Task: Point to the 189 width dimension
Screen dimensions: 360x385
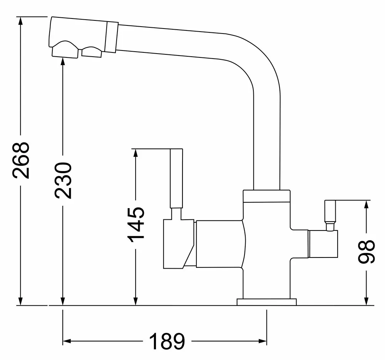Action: tap(167, 341)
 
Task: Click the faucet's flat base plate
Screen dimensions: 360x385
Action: tap(267, 302)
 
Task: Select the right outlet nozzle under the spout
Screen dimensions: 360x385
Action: tap(92, 51)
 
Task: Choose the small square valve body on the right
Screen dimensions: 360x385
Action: tap(323, 244)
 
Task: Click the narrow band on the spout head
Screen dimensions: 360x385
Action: tap(111, 36)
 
